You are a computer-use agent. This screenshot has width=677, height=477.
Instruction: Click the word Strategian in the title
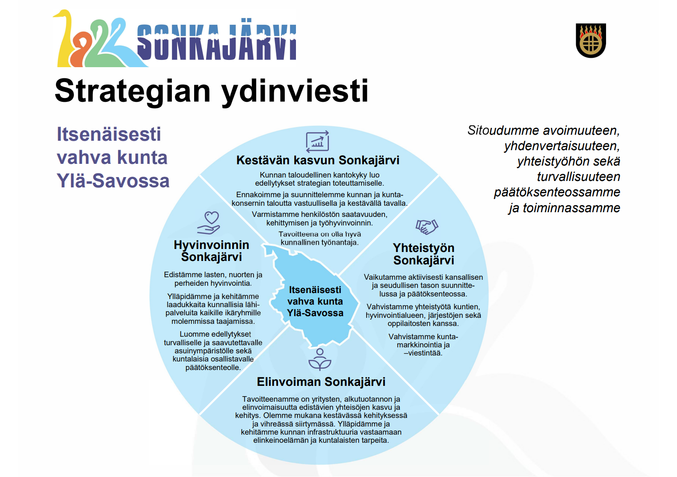click(133, 91)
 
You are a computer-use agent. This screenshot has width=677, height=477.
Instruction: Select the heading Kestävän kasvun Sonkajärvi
click(318, 160)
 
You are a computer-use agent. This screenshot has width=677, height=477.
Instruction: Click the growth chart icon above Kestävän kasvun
click(317, 142)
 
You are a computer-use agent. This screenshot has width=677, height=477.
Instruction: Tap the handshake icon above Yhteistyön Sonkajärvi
click(426, 226)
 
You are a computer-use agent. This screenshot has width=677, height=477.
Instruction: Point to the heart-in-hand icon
click(209, 223)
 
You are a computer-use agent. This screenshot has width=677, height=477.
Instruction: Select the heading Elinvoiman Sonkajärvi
click(321, 382)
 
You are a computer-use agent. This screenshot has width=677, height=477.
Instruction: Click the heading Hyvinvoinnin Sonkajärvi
click(211, 251)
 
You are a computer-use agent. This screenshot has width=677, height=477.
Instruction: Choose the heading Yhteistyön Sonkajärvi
click(423, 254)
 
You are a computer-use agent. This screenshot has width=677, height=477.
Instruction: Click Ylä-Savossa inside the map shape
click(315, 313)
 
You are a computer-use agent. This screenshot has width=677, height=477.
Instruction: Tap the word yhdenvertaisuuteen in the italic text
click(562, 146)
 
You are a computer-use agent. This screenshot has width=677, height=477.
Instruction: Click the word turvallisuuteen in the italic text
click(578, 177)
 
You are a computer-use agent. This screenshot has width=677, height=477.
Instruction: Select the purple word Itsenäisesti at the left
click(109, 134)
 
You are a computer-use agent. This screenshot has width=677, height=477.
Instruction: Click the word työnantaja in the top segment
click(339, 243)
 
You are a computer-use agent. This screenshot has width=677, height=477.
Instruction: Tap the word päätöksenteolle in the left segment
click(213, 367)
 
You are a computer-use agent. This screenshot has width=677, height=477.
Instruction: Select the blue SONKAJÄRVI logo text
click(216, 43)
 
